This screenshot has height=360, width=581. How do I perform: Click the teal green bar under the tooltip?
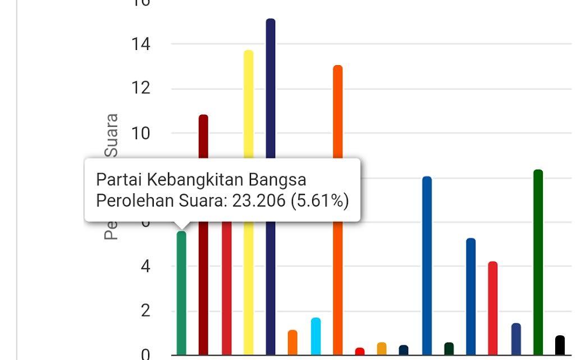[x=181, y=292]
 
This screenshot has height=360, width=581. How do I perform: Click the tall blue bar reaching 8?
[x=427, y=264]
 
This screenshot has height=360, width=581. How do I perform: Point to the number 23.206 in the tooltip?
[x=259, y=200]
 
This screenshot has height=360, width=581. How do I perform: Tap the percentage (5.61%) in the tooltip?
[x=319, y=200]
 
